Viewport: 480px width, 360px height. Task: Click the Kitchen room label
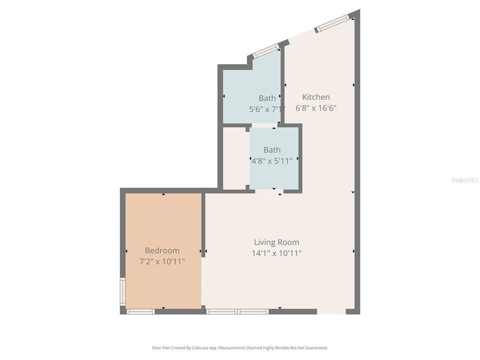click(x=315, y=97)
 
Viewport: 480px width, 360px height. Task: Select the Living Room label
click(x=276, y=242)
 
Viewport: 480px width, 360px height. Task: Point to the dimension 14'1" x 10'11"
click(x=276, y=253)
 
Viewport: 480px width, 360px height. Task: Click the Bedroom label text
click(x=162, y=250)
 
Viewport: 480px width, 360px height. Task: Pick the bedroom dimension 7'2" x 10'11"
click(x=162, y=261)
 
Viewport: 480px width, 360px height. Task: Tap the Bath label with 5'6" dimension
click(x=267, y=98)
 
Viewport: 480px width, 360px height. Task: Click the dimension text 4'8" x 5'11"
click(x=271, y=160)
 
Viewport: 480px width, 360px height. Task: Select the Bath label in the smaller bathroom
click(x=272, y=150)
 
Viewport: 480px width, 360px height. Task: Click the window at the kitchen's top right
click(x=334, y=22)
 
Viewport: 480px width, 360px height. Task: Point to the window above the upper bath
click(x=266, y=50)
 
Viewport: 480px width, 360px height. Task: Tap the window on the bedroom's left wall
click(x=122, y=292)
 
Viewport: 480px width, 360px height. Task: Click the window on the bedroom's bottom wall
click(x=140, y=311)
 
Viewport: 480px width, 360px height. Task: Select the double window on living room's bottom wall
click(x=238, y=311)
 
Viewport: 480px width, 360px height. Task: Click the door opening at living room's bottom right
click(x=331, y=311)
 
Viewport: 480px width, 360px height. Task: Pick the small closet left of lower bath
click(x=234, y=158)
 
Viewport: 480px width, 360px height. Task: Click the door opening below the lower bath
click(x=269, y=191)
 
